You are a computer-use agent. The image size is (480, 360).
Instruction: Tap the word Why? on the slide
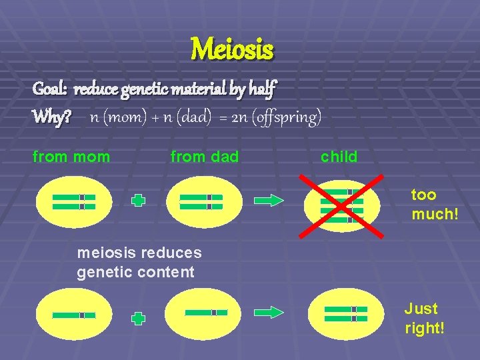click(52, 117)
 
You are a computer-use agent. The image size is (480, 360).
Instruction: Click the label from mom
click(71, 157)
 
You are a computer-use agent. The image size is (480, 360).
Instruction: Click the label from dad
click(204, 157)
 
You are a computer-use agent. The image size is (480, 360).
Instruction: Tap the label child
click(339, 157)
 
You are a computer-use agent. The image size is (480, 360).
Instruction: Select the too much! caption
click(433, 204)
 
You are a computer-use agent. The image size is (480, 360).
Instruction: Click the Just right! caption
click(423, 318)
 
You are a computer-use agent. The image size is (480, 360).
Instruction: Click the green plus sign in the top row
click(138, 201)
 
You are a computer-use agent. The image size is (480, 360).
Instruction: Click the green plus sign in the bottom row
click(138, 319)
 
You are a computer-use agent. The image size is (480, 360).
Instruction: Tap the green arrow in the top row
click(270, 200)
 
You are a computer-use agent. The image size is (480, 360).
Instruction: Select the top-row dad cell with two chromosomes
click(201, 201)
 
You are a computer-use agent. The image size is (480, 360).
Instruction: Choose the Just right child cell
click(345, 314)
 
